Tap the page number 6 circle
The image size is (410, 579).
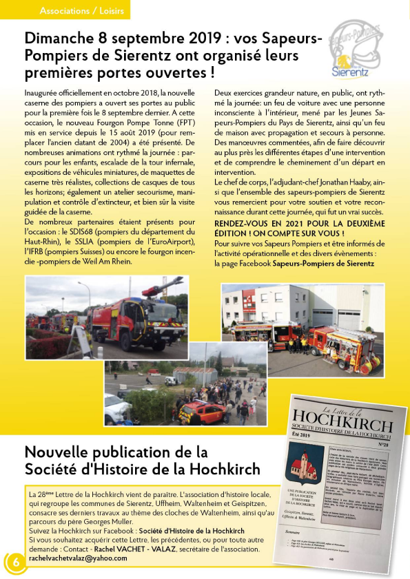[x=15, y=562]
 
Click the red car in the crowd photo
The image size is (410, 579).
[x=194, y=411]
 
